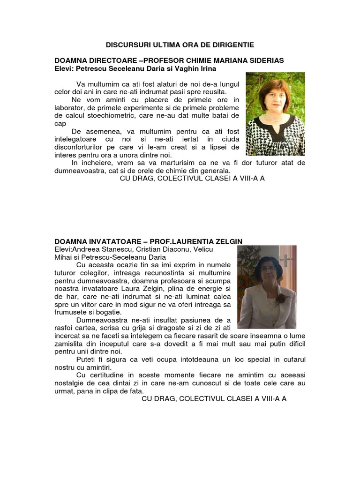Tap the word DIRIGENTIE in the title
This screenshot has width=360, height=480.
coord(232,45)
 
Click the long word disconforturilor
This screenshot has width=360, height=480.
coord(82,147)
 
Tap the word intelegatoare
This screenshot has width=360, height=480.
coord(75,139)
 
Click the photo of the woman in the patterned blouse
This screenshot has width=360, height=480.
coord(275,114)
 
